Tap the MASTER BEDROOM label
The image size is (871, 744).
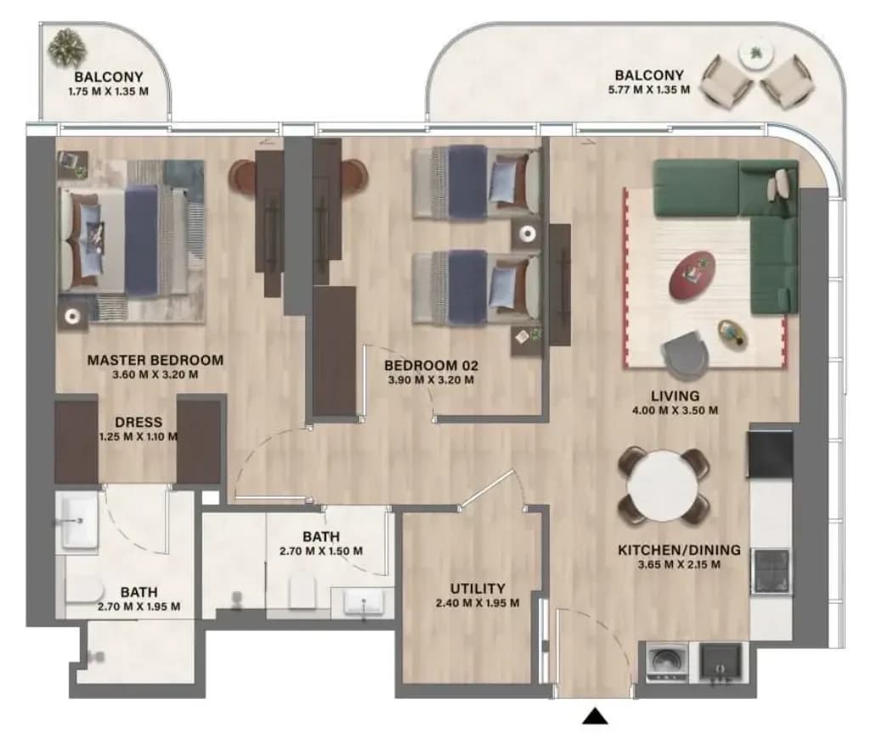(156, 360)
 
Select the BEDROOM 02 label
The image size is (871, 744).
(431, 366)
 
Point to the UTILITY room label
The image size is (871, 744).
(478, 589)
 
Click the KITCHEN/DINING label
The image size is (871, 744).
(679, 550)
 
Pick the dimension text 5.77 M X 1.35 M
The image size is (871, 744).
(649, 89)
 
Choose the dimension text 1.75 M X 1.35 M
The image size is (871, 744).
(108, 92)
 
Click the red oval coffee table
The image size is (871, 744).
(693, 275)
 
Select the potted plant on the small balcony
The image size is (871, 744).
(67, 48)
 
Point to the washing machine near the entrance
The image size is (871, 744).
(667, 662)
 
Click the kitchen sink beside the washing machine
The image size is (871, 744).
(720, 662)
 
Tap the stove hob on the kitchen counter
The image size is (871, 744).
(771, 571)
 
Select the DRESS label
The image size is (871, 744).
(139, 422)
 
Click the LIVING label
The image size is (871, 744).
(675, 397)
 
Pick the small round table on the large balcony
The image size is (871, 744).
(755, 54)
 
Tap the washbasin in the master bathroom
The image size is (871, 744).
(80, 522)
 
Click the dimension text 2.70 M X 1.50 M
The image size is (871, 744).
(321, 551)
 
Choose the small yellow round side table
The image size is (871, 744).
(732, 335)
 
